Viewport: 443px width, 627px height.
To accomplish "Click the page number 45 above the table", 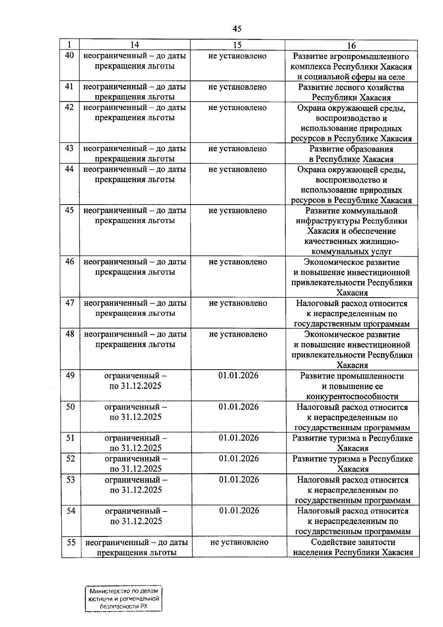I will coord(237,29).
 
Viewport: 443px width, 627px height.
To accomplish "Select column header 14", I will coord(135,45).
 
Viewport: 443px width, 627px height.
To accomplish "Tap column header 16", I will coord(351,45).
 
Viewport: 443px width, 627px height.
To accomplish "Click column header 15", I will coord(237,45).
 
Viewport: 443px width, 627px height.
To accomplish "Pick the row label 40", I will coord(69,56).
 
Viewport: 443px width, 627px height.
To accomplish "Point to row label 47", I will coord(70,303).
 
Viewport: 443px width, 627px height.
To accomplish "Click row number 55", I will coord(71,542).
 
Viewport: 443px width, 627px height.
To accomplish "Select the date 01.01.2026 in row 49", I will coord(238,376).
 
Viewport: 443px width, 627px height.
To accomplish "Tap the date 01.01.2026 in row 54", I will coord(239,511).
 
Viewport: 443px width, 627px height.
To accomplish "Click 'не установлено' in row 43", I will coord(237,149).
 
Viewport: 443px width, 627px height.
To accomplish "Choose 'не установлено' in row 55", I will coord(239,542).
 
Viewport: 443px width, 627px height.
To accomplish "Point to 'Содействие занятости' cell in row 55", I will coord(353,547).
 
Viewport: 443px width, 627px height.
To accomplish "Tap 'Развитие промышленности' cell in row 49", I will coord(352,386).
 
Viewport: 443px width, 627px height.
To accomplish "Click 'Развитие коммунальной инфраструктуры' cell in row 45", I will coord(351,231).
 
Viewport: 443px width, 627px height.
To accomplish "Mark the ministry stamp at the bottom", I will coord(124,599).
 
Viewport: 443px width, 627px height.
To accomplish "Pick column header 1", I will coord(69,45).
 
